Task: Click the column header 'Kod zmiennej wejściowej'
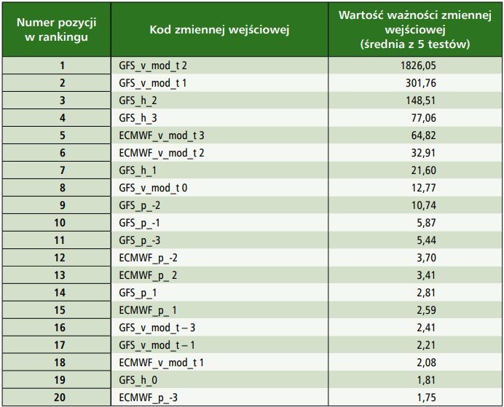pyautogui.click(x=219, y=30)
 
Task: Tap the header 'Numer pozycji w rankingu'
pyautogui.click(x=57, y=30)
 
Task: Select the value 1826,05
pyautogui.click(x=418, y=66)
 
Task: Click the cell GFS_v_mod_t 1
pyautogui.click(x=153, y=84)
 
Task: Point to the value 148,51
pyautogui.click(x=420, y=101)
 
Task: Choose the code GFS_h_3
pyautogui.click(x=138, y=118)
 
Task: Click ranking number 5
pyautogui.click(x=63, y=135)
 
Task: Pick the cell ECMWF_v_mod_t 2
pyautogui.click(x=162, y=153)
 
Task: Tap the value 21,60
pyautogui.click(x=424, y=170)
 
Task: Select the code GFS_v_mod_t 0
pyautogui.click(x=153, y=188)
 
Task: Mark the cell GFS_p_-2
pyautogui.click(x=140, y=205)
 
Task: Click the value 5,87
pyautogui.click(x=426, y=223)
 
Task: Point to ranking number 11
pyautogui.click(x=60, y=240)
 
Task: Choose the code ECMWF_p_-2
pyautogui.click(x=148, y=258)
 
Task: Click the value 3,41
pyautogui.click(x=426, y=275)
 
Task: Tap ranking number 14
pyautogui.click(x=60, y=293)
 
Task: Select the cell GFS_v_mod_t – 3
pyautogui.click(x=157, y=328)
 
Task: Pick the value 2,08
pyautogui.click(x=426, y=363)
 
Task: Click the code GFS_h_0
pyautogui.click(x=138, y=380)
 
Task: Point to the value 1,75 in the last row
pyautogui.click(x=427, y=398)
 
